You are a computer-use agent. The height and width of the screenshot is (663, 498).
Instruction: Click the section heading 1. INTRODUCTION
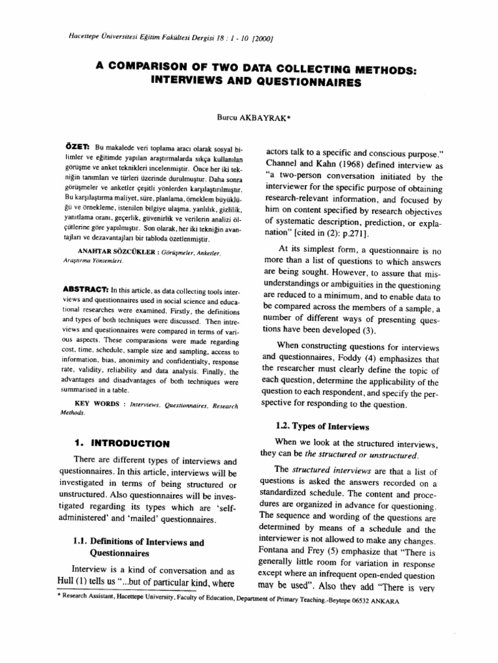pos(122,444)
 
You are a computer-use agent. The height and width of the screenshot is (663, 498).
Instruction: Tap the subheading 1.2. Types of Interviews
pos(314,427)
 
